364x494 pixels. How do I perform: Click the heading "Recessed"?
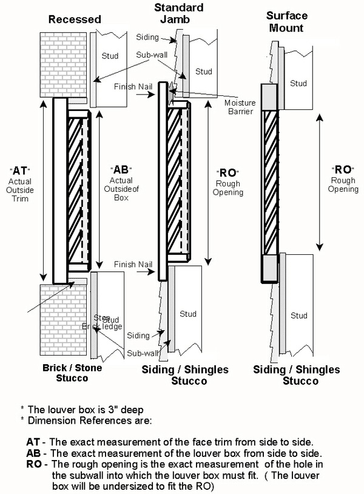click(x=75, y=19)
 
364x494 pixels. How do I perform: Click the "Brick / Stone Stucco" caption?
click(x=65, y=373)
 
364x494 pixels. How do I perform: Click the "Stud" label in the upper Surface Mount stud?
click(x=298, y=83)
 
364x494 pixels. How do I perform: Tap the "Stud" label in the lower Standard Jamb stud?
click(x=188, y=314)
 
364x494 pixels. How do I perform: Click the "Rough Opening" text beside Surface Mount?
click(x=343, y=184)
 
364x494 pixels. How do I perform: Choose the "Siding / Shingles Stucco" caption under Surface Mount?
click(x=297, y=375)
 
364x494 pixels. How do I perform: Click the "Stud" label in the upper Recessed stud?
click(x=109, y=56)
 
